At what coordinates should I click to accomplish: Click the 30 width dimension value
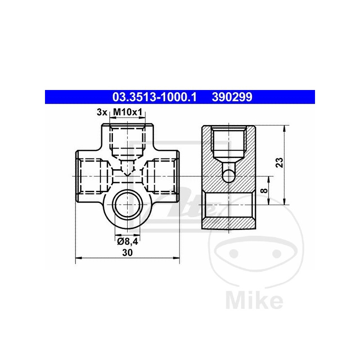[127, 253]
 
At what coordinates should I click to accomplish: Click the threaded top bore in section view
[229, 142]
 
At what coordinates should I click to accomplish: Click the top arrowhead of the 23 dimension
[284, 128]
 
